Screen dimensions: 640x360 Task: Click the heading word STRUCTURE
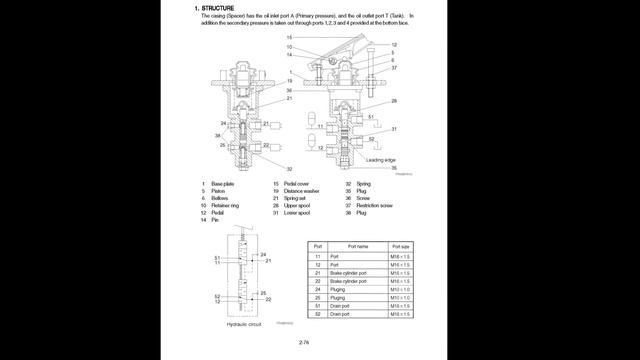(x=218, y=8)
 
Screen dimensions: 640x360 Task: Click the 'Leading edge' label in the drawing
(x=380, y=160)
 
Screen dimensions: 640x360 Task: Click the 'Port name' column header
(x=357, y=246)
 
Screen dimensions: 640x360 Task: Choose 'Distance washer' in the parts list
(x=302, y=190)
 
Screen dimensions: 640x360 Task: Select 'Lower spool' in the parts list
(x=297, y=212)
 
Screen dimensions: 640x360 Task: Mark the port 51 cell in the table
(x=318, y=306)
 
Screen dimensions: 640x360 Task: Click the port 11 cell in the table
(x=318, y=257)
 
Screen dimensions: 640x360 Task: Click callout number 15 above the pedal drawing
(x=289, y=37)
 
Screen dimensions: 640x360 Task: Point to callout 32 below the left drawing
(x=289, y=169)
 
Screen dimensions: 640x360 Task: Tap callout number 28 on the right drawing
(x=394, y=100)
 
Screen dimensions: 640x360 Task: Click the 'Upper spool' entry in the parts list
(x=297, y=205)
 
